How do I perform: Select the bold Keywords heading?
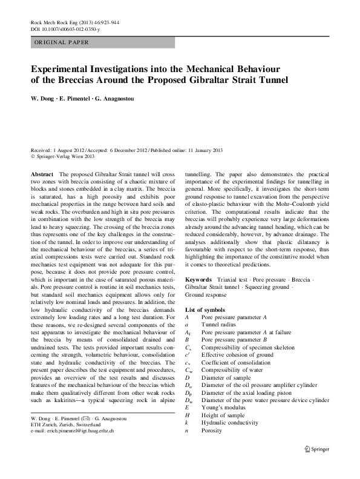(x=198, y=280)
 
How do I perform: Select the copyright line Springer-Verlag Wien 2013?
(x=63, y=156)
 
